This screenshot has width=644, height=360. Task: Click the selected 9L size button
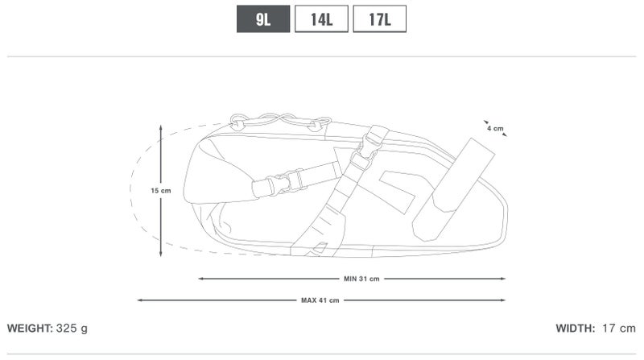click(262, 19)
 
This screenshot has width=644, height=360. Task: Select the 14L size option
click(321, 19)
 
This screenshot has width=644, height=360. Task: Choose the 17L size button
click(379, 19)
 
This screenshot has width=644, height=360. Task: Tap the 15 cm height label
click(161, 191)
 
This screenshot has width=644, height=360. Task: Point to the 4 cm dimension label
click(494, 128)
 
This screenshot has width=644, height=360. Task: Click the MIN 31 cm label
click(361, 279)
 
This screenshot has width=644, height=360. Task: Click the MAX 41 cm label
click(320, 300)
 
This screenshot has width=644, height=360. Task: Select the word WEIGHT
click(30, 329)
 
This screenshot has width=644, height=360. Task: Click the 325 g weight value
click(72, 329)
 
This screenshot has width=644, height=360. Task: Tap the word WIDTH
click(575, 329)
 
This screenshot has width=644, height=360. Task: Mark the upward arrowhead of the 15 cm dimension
click(161, 128)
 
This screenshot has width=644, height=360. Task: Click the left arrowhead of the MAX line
click(140, 300)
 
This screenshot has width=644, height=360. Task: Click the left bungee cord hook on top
click(238, 122)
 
